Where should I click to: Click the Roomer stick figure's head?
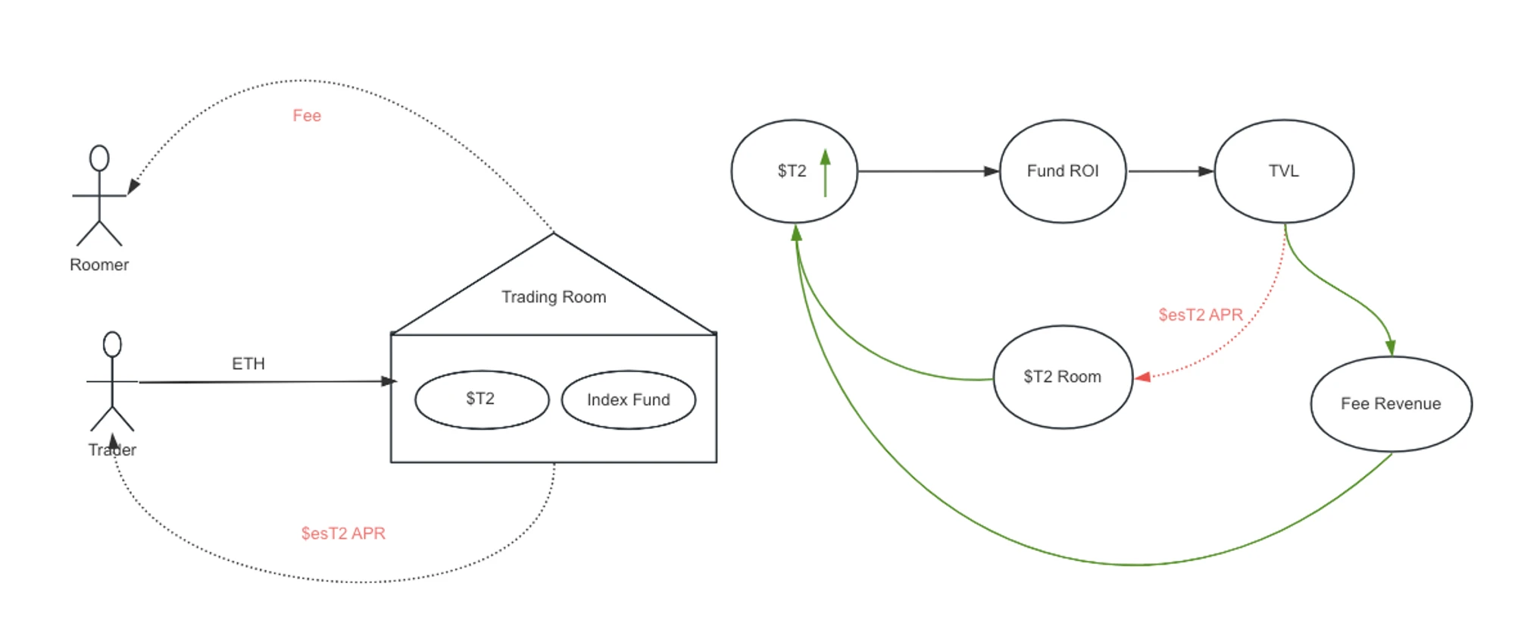pyautogui.click(x=99, y=158)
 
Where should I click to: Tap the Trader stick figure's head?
pyautogui.click(x=112, y=344)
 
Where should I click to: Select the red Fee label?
pyautogui.click(x=307, y=116)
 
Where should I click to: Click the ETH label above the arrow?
pyautogui.click(x=248, y=364)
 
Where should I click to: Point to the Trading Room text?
pyautogui.click(x=554, y=297)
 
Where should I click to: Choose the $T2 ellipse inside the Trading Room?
pyautogui.click(x=482, y=399)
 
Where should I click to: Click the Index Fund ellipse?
pyautogui.click(x=628, y=399)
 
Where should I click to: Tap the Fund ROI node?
pyautogui.click(x=1063, y=171)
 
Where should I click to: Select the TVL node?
pyautogui.click(x=1284, y=171)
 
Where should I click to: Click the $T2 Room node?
pyautogui.click(x=1063, y=377)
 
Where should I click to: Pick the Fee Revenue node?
pyautogui.click(x=1391, y=404)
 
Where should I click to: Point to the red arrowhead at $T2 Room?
pyautogui.click(x=1143, y=377)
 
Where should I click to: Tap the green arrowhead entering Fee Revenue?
pyautogui.click(x=1390, y=348)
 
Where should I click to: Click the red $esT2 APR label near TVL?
pyautogui.click(x=1201, y=315)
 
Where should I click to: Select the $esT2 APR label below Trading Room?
pyautogui.click(x=343, y=534)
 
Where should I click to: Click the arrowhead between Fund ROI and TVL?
pyautogui.click(x=1206, y=171)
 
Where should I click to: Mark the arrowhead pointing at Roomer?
pyautogui.click(x=133, y=186)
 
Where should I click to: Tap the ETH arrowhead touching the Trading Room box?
pyautogui.click(x=389, y=381)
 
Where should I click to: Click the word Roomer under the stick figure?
pyautogui.click(x=99, y=265)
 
